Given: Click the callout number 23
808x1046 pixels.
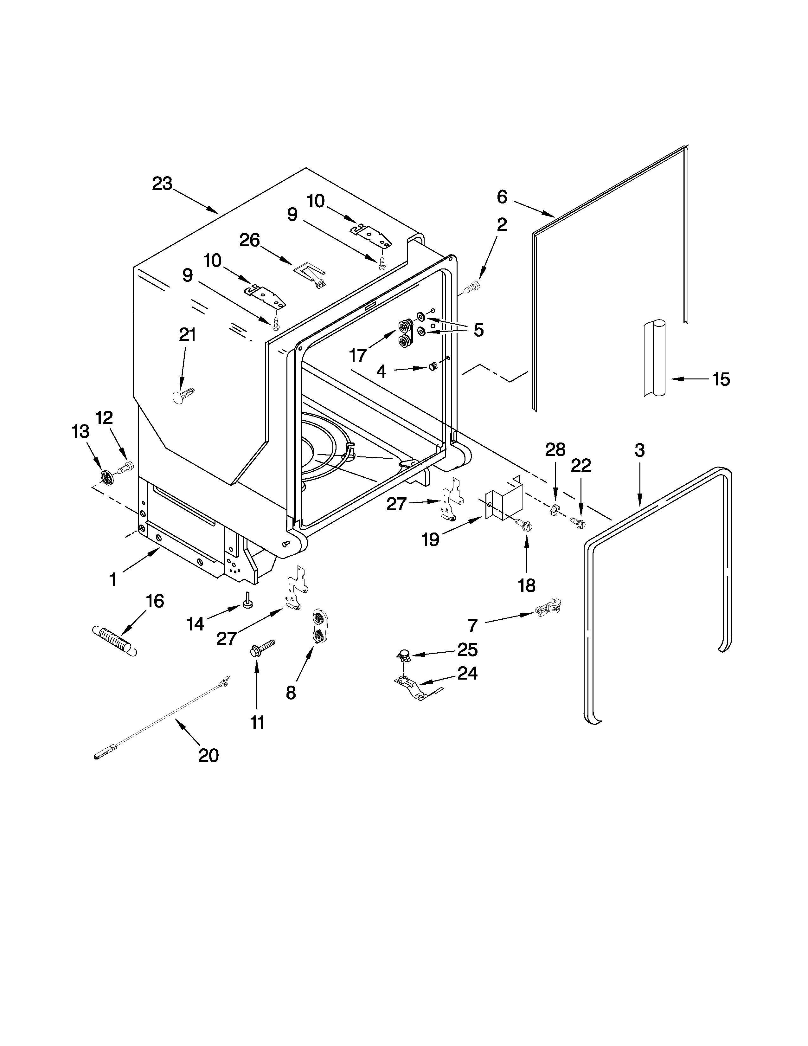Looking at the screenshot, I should coord(162,184).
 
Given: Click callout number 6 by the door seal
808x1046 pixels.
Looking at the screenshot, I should coord(502,197).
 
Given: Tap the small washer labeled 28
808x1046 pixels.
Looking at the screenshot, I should coord(553,511).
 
